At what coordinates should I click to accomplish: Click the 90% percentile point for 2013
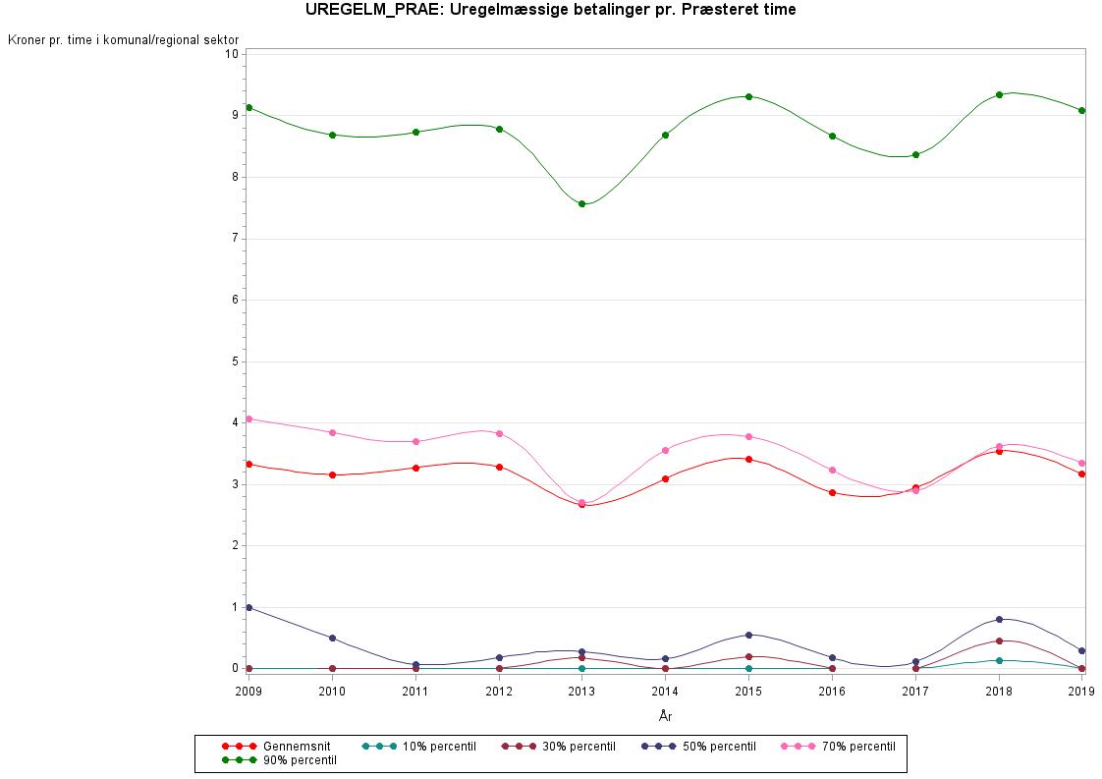tap(581, 203)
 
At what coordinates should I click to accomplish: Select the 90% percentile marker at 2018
tap(999, 94)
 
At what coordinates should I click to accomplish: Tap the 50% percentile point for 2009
tap(249, 607)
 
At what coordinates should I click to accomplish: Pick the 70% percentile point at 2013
tap(581, 502)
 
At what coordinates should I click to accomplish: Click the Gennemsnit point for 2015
tap(748, 459)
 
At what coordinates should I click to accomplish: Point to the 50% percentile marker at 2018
tap(999, 619)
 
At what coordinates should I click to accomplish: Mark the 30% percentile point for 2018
tap(999, 640)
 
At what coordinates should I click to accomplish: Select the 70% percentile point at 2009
tap(249, 418)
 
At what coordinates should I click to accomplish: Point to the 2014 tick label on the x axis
tap(665, 692)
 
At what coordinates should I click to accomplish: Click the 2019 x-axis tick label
tap(1081, 692)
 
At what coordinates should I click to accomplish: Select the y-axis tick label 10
tap(233, 53)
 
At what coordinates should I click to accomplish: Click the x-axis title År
tap(665, 716)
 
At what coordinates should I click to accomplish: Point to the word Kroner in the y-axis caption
tap(27, 40)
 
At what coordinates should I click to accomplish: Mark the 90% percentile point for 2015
tap(748, 96)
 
